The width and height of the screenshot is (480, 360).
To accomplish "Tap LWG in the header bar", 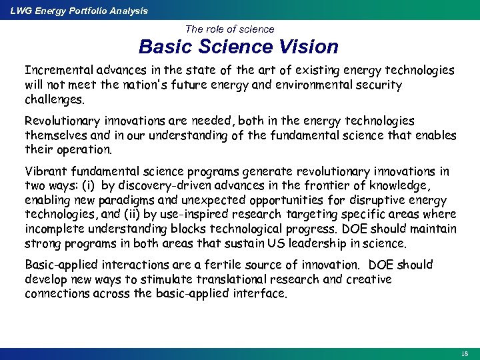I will pos(19,11).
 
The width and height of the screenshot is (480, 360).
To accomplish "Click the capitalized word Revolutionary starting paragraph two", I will pos(59,121).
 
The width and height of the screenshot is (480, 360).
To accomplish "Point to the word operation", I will pos(85,150).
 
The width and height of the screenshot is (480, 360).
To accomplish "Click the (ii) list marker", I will pos(139,215).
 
